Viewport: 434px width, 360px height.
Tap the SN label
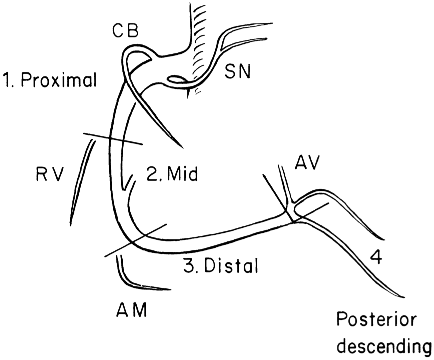[x=238, y=75]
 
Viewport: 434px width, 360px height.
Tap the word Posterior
[x=375, y=319]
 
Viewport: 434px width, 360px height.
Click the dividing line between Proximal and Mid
[x=113, y=140]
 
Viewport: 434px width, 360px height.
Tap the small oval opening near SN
[x=177, y=79]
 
